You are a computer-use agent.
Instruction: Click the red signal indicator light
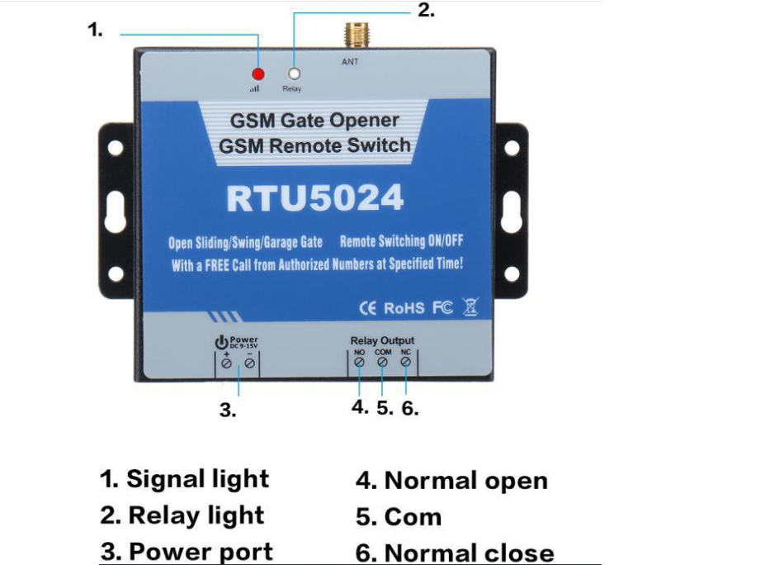click(x=258, y=74)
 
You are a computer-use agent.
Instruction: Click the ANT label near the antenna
click(x=350, y=62)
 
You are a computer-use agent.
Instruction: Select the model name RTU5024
click(x=314, y=198)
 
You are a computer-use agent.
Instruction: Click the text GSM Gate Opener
click(x=314, y=121)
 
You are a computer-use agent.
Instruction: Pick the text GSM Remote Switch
click(x=314, y=146)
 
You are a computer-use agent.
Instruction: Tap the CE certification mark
click(x=368, y=308)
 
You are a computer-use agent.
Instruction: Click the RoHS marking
click(x=404, y=308)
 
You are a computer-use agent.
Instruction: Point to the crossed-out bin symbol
click(x=470, y=308)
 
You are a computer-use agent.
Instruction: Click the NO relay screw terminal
click(x=360, y=363)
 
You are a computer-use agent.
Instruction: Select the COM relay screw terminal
click(x=382, y=363)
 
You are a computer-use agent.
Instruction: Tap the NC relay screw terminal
click(x=405, y=363)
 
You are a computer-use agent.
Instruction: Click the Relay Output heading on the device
click(x=382, y=340)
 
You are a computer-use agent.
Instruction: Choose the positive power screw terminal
click(x=226, y=363)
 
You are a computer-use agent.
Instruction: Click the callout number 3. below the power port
click(x=228, y=411)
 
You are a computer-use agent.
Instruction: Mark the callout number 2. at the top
click(x=426, y=12)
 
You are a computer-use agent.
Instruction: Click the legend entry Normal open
click(x=451, y=480)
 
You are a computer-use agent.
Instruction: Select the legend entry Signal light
click(x=185, y=479)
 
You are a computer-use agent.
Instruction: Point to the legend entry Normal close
click(x=455, y=553)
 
